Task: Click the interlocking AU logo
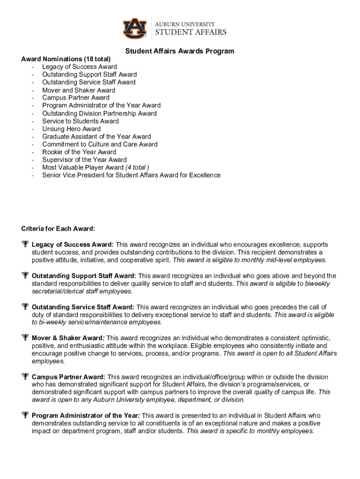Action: pyautogui.click(x=135, y=28)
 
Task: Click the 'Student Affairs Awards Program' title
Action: pyautogui.click(x=180, y=51)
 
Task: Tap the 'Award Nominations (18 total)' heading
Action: pyautogui.click(x=66, y=59)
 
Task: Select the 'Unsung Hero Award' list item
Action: pyautogui.click(x=71, y=129)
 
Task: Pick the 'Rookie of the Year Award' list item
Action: pyautogui.click(x=79, y=152)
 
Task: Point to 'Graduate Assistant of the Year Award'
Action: pyautogui.click(x=96, y=137)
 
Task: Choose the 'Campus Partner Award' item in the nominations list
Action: pyautogui.click(x=76, y=98)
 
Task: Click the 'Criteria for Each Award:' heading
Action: pyautogui.click(x=58, y=229)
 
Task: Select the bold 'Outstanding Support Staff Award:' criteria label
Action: pyautogui.click(x=84, y=276)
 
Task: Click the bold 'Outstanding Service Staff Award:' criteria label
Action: pyautogui.click(x=83, y=307)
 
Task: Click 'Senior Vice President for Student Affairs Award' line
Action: pyautogui.click(x=131, y=175)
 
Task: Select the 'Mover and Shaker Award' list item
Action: pyautogui.click(x=79, y=90)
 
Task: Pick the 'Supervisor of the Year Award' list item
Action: pyautogui.click(x=84, y=160)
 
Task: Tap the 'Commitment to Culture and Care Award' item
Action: pyautogui.click(x=100, y=144)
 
